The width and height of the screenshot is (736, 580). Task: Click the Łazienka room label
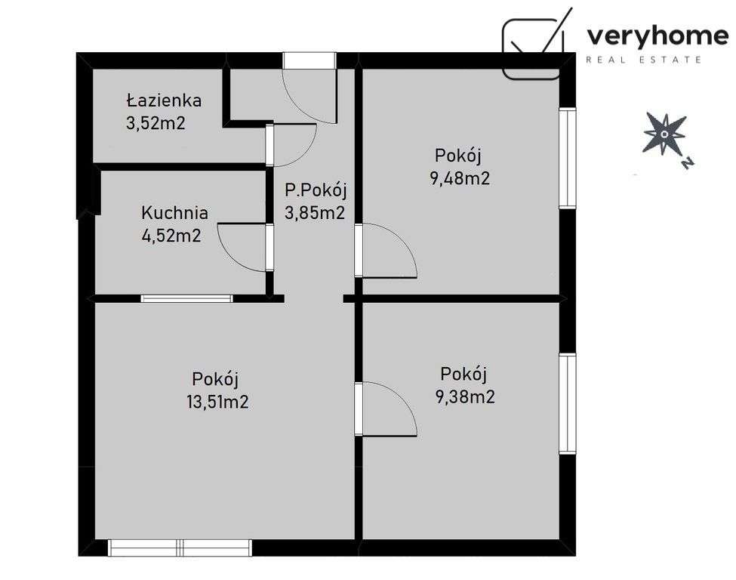coord(164,100)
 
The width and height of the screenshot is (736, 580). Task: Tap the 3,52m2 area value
coord(156,123)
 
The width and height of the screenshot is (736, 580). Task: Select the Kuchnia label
coord(174,213)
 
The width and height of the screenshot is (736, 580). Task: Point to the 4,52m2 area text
coord(171,236)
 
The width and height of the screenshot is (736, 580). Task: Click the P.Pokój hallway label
coord(315,190)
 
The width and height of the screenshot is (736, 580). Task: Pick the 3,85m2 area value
coord(314,213)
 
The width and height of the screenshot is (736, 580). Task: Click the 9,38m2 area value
coord(466,396)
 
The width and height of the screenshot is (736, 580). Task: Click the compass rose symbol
coord(664,134)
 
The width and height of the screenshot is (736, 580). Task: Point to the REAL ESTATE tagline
coord(645,59)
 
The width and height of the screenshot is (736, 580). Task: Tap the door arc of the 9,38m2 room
coord(389,409)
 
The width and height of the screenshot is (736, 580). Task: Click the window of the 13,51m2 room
coord(180,547)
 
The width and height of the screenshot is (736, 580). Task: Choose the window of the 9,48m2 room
coord(567,158)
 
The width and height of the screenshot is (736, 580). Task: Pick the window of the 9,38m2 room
coord(567,403)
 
